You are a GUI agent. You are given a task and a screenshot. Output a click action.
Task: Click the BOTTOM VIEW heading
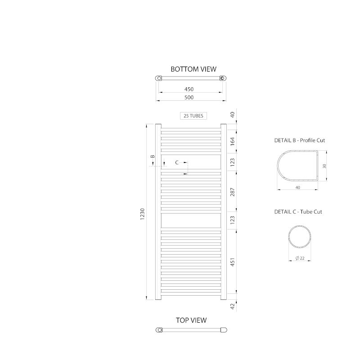pyautogui.click(x=193, y=69)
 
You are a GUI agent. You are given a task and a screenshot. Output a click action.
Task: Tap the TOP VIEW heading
pyautogui.click(x=191, y=320)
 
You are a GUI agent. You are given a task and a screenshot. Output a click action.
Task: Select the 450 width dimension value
pyautogui.click(x=189, y=89)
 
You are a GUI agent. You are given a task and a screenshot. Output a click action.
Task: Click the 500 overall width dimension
pyautogui.click(x=189, y=97)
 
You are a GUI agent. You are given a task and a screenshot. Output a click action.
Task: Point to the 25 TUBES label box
pyautogui.click(x=193, y=116)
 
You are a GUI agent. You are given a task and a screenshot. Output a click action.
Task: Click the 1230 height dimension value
pyautogui.click(x=143, y=214)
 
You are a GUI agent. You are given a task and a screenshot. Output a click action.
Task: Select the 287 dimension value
pyautogui.click(x=233, y=192)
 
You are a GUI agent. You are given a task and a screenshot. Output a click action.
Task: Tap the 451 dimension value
pyautogui.click(x=233, y=262)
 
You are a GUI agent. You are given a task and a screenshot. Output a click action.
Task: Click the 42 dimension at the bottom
pyautogui.click(x=233, y=306)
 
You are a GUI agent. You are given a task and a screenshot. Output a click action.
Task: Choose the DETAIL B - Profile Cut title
pyautogui.click(x=299, y=140)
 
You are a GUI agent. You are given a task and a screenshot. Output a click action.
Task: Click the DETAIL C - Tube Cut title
pyautogui.click(x=298, y=211)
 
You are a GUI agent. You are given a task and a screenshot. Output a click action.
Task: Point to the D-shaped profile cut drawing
pyautogui.click(x=297, y=166)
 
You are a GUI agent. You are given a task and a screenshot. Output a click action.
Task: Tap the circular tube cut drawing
pyautogui.click(x=300, y=237)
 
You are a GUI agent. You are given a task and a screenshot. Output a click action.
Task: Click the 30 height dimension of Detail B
pyautogui.click(x=324, y=166)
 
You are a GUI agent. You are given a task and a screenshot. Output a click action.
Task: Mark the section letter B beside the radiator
pyautogui.click(x=153, y=157)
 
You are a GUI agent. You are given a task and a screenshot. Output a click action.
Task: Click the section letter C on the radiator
pyautogui.click(x=176, y=162)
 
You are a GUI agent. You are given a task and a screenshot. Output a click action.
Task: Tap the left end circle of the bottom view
pyautogui.click(x=159, y=78)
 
